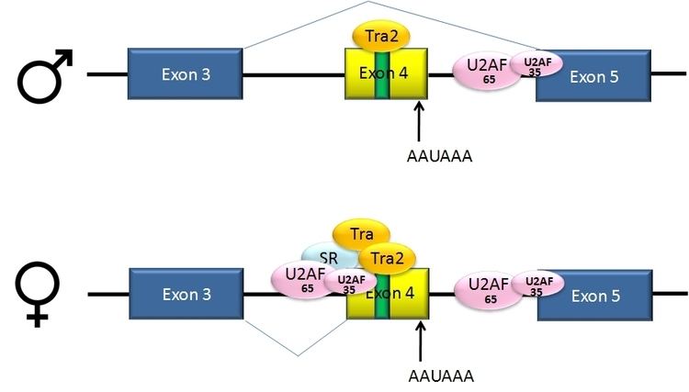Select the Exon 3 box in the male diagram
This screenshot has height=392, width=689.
click(185, 75)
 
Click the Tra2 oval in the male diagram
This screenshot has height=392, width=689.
click(380, 36)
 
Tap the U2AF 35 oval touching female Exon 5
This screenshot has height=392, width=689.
click(537, 284)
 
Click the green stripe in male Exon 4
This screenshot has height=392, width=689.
click(380, 78)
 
